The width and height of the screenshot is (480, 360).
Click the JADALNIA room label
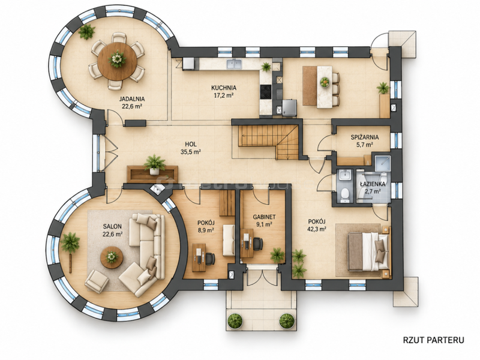tap(132, 99)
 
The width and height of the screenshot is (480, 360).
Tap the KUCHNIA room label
tap(223, 88)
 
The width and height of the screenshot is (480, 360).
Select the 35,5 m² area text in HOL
tap(191, 152)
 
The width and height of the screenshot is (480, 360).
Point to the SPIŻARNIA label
tap(365, 137)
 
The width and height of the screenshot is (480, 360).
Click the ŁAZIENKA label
tap(372, 184)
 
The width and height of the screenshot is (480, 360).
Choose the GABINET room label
tap(264, 217)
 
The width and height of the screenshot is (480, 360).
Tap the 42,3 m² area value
tap(317, 229)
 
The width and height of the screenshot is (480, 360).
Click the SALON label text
tap(112, 227)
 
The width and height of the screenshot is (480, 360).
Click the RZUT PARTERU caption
tap(433, 340)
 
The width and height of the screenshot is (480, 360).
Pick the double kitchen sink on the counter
tap(234, 64)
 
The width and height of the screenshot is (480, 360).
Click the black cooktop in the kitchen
tap(265, 92)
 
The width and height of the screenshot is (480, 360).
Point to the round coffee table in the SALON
tap(112, 257)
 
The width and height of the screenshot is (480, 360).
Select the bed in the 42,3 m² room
tap(367, 251)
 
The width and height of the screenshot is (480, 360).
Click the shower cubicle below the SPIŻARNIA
tap(381, 163)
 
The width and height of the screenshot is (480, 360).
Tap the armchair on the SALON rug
tap(97, 281)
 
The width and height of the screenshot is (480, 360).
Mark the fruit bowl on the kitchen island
tap(325, 82)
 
